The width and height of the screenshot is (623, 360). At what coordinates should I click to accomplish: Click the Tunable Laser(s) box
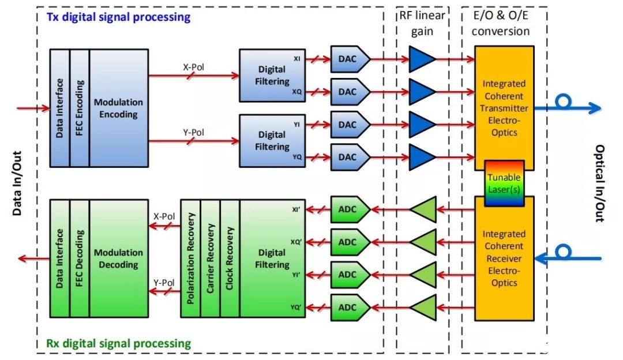coord(504,183)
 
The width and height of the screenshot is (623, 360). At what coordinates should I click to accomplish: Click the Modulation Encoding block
coord(119,108)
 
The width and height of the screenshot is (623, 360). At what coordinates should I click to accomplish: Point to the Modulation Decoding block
coord(119,258)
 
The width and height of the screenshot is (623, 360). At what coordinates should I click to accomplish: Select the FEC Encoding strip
coord(80,108)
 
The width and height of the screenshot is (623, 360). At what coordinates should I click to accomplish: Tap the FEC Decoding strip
coord(80,258)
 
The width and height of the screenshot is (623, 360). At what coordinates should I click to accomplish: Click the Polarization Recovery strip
coord(191,258)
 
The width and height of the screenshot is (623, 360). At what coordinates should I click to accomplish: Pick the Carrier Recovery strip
coord(211,258)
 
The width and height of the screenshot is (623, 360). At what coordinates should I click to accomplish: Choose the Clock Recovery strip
coord(230,258)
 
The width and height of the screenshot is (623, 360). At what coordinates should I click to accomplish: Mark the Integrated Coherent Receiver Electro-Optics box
coord(504,258)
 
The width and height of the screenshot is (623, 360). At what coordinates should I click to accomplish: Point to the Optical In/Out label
coord(600,183)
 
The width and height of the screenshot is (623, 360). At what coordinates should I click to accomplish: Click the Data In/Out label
coord(17,183)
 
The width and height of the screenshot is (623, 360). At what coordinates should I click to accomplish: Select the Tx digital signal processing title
coord(118,17)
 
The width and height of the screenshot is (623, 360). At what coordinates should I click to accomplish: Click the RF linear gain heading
coord(422,23)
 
